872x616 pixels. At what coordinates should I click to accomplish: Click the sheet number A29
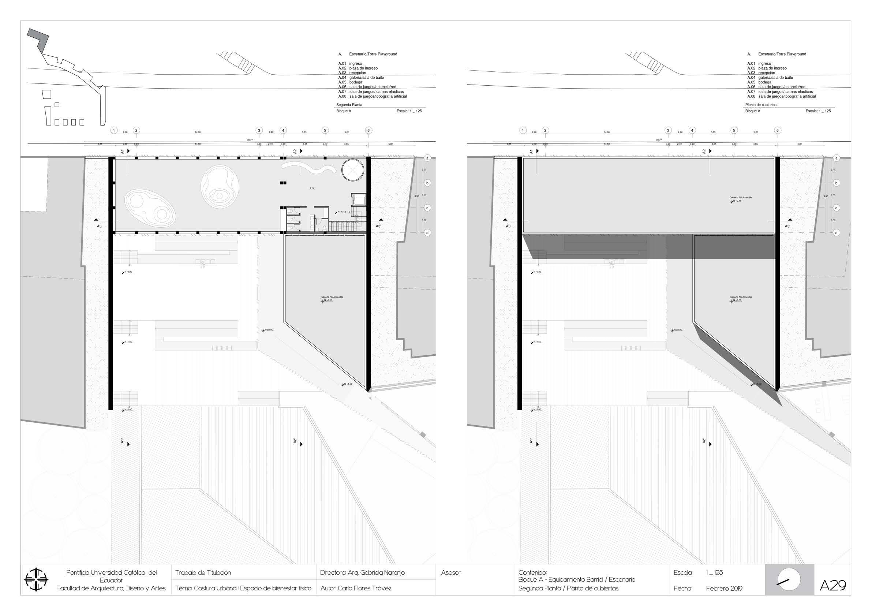click(832, 585)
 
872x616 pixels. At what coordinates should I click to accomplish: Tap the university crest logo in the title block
click(36, 579)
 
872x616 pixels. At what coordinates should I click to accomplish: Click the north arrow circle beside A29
click(789, 580)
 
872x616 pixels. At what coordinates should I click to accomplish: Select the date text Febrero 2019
click(724, 588)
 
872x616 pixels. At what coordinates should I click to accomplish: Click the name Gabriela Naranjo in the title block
click(382, 572)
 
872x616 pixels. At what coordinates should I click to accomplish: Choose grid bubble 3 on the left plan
click(259, 130)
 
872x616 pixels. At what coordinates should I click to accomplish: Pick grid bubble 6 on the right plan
click(778, 130)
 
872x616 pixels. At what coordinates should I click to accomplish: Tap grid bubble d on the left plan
click(427, 233)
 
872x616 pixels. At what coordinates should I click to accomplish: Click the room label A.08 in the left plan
click(312, 188)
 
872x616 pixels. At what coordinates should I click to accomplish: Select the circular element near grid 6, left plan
click(353, 170)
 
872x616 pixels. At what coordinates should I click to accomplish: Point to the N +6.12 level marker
click(341, 212)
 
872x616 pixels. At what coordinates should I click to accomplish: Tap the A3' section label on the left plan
click(378, 226)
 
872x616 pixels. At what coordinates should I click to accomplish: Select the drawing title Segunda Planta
click(349, 105)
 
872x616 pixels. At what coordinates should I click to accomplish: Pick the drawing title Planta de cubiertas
click(761, 105)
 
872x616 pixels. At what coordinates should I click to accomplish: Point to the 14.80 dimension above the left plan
click(198, 132)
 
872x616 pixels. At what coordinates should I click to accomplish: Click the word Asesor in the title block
click(451, 573)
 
